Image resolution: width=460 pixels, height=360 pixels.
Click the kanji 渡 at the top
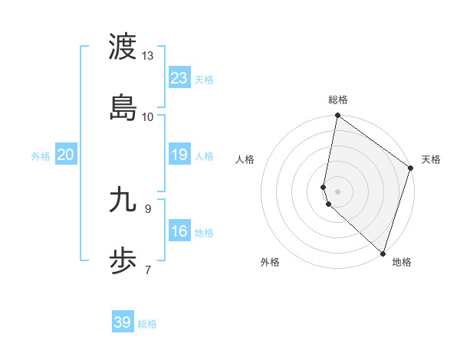click(x=123, y=47)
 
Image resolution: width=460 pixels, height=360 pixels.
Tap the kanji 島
click(x=123, y=106)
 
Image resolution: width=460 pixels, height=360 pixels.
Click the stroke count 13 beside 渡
click(x=148, y=56)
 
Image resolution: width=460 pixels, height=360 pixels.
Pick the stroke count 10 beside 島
click(x=148, y=116)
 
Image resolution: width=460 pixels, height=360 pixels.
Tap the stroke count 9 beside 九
click(x=148, y=208)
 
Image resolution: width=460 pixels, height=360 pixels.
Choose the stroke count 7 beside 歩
click(x=148, y=270)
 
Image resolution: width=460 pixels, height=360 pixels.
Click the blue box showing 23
click(x=179, y=78)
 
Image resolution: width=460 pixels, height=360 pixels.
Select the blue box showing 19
click(x=179, y=155)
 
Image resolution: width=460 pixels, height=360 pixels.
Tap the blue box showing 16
click(x=179, y=231)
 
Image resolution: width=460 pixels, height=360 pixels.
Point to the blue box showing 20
click(x=66, y=155)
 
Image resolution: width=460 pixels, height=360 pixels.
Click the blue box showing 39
click(x=123, y=322)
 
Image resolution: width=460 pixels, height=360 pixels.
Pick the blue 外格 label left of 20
click(x=41, y=156)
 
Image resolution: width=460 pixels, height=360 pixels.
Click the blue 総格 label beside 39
click(x=148, y=324)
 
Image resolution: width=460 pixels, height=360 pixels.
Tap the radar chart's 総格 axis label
click(x=338, y=100)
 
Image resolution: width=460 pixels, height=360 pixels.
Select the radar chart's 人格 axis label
click(x=245, y=159)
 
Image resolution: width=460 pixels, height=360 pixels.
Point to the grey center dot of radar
click(x=338, y=190)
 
